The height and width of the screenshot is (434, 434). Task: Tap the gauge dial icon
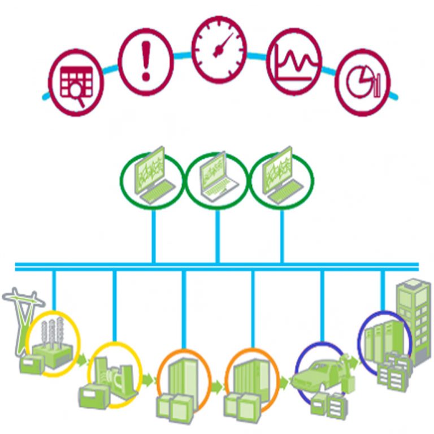[219, 49]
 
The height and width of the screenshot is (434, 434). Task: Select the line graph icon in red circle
[293, 61]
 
